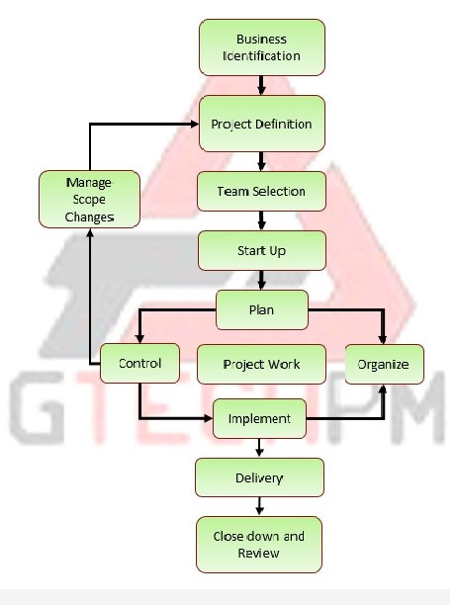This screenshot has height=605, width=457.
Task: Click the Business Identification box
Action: point(262,47)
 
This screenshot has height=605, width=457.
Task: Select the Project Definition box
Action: point(262,124)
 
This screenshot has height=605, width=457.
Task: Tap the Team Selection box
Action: point(261,192)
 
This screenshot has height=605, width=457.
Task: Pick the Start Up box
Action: point(262,250)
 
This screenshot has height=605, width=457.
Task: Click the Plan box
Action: point(262,309)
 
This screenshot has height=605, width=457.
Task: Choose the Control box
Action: point(139,363)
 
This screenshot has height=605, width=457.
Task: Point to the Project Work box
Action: point(261,364)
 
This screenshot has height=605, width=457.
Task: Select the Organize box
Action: point(384,364)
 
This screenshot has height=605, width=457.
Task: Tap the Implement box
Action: point(259,418)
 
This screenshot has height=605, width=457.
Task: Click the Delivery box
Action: point(259,477)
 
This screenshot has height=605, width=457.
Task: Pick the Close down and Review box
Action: point(258,545)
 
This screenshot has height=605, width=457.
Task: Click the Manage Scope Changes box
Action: point(89,199)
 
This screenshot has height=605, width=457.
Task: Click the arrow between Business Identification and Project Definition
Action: point(261,85)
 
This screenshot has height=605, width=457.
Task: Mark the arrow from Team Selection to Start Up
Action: point(261,220)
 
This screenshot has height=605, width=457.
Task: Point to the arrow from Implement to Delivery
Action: point(259,448)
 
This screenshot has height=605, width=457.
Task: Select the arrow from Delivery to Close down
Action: point(259,506)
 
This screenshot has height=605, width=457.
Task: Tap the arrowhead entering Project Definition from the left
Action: point(194,124)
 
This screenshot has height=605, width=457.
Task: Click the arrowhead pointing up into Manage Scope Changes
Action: point(90,233)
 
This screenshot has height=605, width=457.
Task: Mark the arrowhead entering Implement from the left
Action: point(209,418)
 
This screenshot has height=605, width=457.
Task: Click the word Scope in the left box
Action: point(89,200)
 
